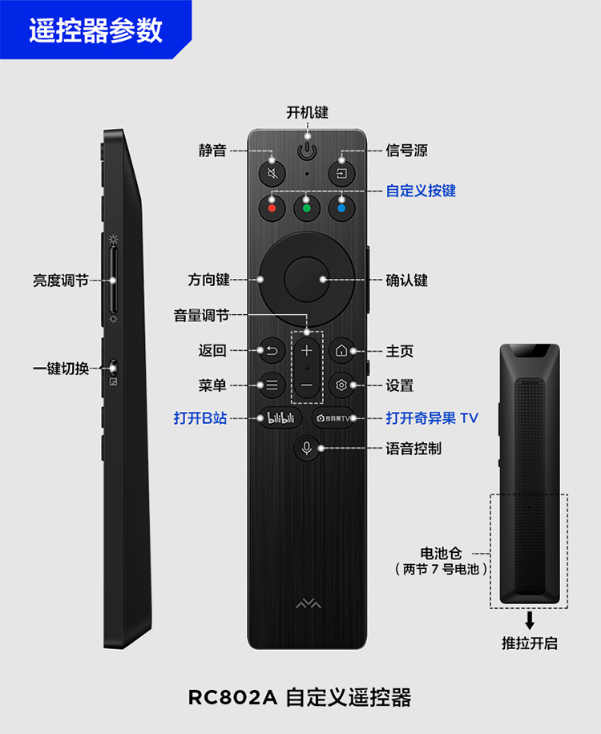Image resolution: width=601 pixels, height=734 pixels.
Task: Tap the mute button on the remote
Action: click(272, 173)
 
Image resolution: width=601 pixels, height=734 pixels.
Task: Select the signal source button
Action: click(341, 173)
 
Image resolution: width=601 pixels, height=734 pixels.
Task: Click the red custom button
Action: click(272, 208)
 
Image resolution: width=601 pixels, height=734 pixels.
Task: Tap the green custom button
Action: click(306, 208)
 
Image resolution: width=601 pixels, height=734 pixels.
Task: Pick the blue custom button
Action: click(341, 208)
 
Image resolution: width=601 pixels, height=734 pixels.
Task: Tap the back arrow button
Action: click(272, 351)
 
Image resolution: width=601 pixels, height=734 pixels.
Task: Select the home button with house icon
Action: click(341, 351)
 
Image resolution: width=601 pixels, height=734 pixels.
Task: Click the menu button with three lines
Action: click(272, 385)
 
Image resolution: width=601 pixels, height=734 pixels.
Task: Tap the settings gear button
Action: click(341, 385)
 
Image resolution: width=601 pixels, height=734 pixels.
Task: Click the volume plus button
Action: click(306, 350)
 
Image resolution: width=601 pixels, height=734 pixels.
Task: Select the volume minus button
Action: click(306, 386)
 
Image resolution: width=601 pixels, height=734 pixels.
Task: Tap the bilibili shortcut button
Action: click(276, 417)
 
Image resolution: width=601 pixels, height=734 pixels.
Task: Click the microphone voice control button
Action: click(306, 448)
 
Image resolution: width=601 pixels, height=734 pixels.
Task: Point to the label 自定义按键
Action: click(421, 191)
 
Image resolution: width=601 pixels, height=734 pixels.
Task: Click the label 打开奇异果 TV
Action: click(432, 418)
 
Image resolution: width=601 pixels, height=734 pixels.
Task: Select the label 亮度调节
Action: click(60, 280)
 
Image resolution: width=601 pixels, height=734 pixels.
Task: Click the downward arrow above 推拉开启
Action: click(529, 620)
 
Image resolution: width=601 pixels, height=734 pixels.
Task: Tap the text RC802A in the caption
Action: click(232, 697)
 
